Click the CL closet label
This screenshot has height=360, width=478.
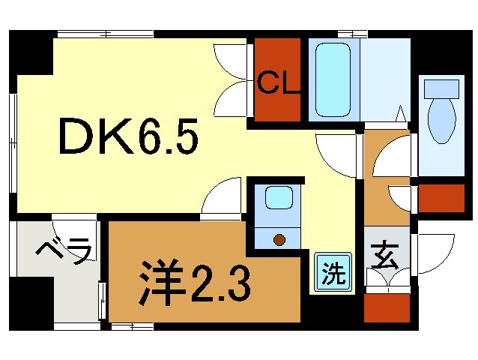pyautogui.click(x=278, y=82)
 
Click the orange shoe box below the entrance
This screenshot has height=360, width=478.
pyautogui.click(x=387, y=308)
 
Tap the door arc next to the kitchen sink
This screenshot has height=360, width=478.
pyautogui.click(x=223, y=196)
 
